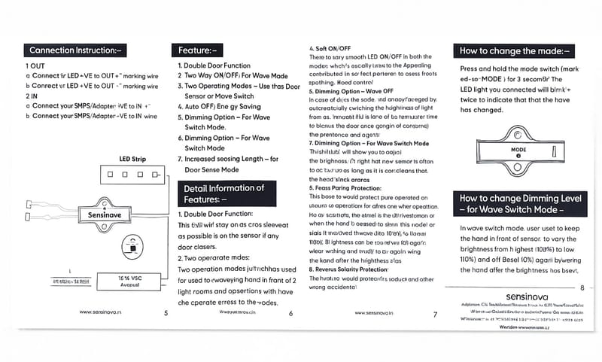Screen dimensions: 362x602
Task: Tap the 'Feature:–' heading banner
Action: point(198,50)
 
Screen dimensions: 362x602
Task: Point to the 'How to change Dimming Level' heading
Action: point(518,204)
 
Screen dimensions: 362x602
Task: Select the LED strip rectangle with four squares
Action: point(132,174)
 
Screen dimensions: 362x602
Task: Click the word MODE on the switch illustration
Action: point(518,150)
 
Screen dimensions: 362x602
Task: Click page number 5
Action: point(165,312)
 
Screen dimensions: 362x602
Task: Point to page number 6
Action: point(290,312)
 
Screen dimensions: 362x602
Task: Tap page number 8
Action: point(582,287)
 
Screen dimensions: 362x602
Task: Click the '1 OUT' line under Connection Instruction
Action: point(35,65)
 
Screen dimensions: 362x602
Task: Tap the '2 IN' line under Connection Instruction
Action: point(33,96)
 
